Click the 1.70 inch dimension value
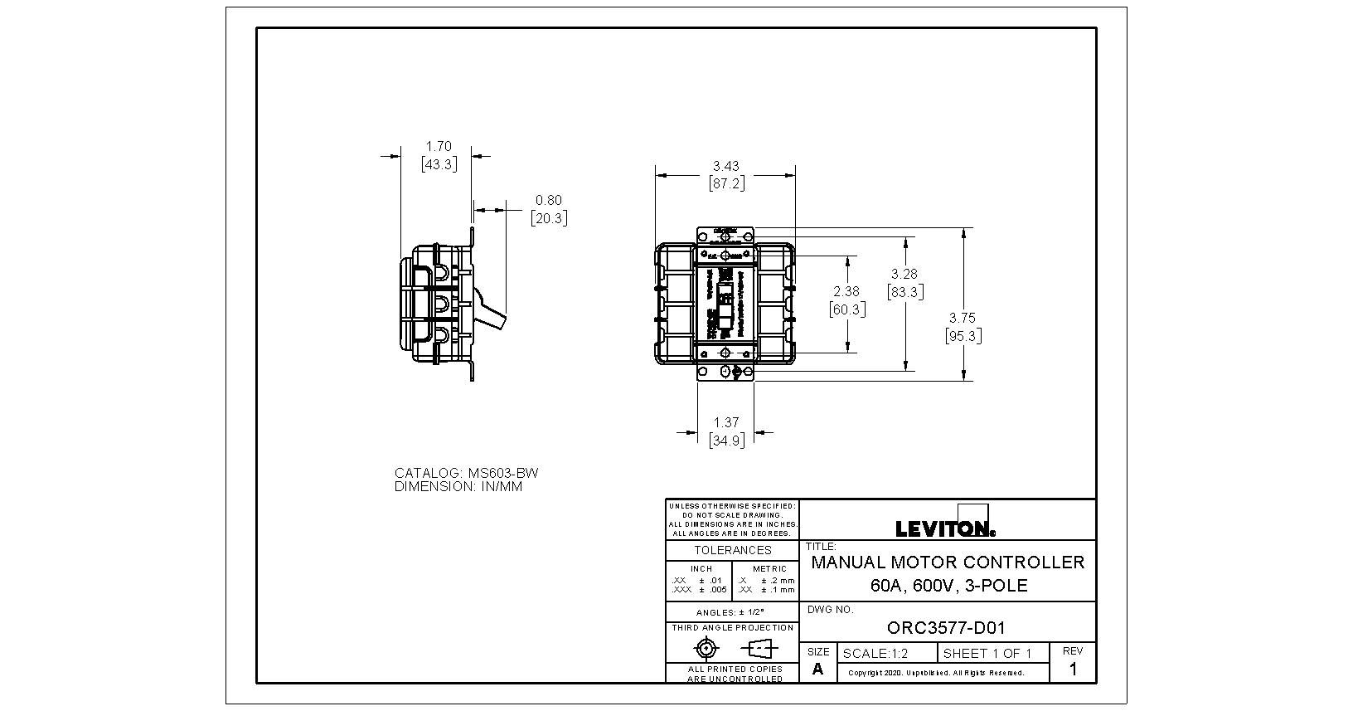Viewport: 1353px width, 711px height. tap(439, 147)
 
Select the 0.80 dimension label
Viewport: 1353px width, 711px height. tap(548, 201)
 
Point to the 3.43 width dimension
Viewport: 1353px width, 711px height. tap(725, 167)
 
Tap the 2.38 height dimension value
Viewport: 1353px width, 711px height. tap(846, 292)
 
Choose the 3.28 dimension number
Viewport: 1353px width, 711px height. tap(904, 274)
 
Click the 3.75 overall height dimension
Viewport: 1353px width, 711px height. tap(963, 318)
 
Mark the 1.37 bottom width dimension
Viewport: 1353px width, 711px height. tap(725, 423)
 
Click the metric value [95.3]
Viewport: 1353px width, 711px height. tap(963, 336)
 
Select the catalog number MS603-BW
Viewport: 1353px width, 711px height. tap(503, 474)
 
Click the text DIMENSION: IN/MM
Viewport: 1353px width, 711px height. tap(458, 487)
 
